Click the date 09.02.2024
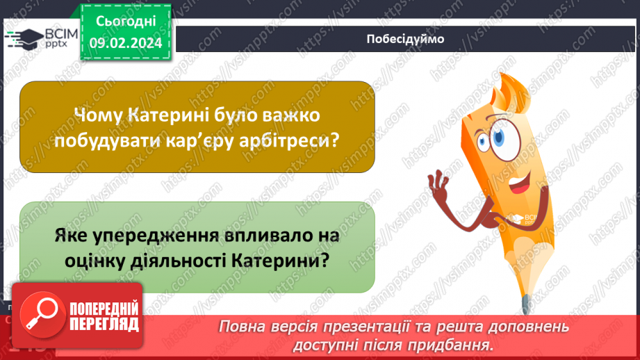click(125, 42)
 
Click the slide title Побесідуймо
click(405, 39)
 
